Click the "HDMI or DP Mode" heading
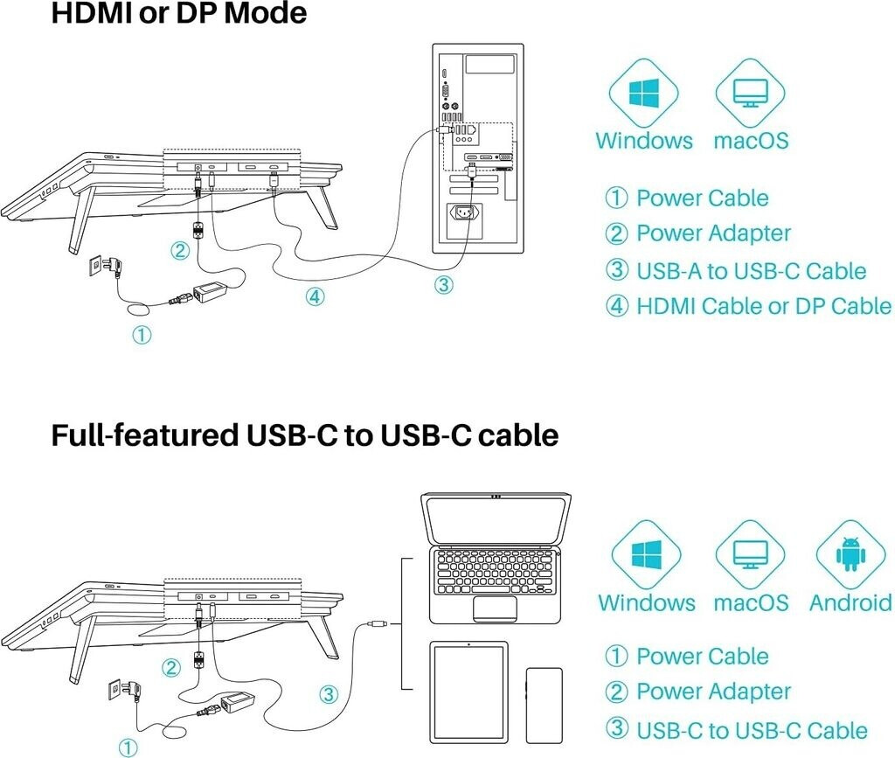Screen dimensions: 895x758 pos(178,12)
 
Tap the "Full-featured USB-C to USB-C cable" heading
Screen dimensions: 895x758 pos(305,435)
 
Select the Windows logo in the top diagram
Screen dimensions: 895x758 pos(644,93)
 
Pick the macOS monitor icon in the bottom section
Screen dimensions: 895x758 pos(750,554)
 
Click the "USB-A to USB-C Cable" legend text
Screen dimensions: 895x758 pos(751,270)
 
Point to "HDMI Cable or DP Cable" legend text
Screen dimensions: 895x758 pos(764,306)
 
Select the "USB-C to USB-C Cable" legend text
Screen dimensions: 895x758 pos(752,730)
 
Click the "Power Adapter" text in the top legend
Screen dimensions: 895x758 pos(713,233)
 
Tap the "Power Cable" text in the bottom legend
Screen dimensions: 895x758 pos(702,656)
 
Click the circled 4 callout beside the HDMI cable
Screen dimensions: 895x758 pos(315,296)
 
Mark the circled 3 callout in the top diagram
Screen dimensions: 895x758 pos(443,284)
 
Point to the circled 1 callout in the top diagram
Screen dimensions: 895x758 pos(142,335)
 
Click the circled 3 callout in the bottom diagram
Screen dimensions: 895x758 pos(329,694)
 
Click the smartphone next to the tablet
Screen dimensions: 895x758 pos(544,706)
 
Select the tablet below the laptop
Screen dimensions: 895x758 pos(468,692)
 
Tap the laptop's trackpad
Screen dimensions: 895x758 pos(495,608)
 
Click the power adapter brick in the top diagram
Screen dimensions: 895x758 pos(212,292)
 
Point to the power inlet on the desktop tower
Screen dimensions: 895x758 pos(465,213)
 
